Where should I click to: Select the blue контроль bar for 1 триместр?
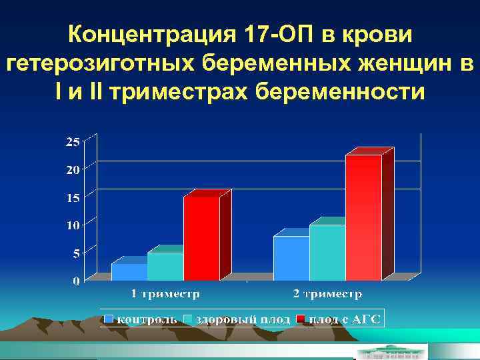129,271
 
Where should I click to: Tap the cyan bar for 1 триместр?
165,266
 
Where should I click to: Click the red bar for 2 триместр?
363,217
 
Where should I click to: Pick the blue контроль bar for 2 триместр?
291,257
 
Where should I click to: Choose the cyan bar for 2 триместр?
327,252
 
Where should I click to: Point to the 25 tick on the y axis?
72,141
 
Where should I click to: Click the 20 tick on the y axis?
72,169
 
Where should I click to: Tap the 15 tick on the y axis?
72,197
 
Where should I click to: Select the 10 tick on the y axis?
72,225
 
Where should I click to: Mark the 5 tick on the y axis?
75,253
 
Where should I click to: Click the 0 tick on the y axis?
75,281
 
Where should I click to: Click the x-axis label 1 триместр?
165,293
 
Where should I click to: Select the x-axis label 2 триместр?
327,293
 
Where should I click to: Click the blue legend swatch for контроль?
109,320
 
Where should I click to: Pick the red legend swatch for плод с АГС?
301,320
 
